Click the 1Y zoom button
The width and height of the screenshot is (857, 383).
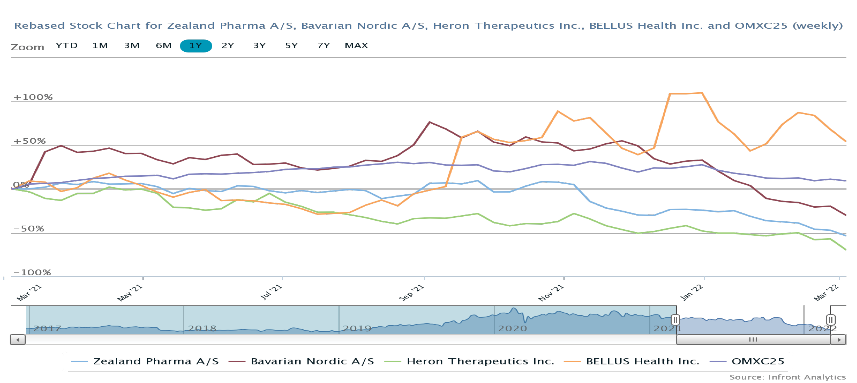[x=196, y=46]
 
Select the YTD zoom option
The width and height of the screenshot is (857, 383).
[x=67, y=46]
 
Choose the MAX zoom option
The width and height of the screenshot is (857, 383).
[x=356, y=46]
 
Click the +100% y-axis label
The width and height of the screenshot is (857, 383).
[x=33, y=97]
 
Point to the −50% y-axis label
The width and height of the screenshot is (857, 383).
[x=29, y=229]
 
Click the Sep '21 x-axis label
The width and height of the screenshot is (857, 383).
[x=411, y=293]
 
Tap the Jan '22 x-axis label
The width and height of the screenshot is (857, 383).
[x=691, y=293]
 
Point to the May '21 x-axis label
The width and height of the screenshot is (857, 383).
[x=130, y=293]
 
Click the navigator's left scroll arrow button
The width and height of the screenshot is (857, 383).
[x=18, y=340]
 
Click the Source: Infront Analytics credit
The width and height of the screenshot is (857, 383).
[x=787, y=377]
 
